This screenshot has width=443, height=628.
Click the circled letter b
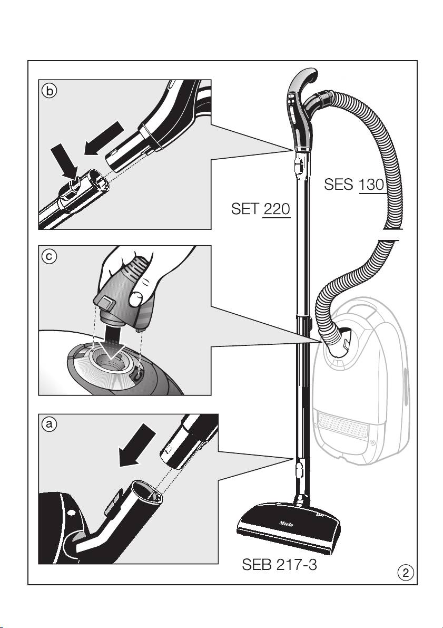tap(49, 91)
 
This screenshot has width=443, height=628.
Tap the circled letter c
tap(49, 257)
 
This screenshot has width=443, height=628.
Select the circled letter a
tap(49, 424)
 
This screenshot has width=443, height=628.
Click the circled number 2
tap(406, 573)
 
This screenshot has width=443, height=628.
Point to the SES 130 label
tap(354, 185)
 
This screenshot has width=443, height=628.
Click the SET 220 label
tap(261, 209)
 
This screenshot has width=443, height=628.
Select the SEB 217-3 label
tap(279, 564)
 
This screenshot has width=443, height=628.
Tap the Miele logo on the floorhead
tap(286, 524)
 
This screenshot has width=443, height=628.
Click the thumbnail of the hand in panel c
tap(136, 299)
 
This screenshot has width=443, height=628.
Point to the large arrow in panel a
tap(137, 446)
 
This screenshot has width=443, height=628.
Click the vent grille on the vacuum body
tap(342, 425)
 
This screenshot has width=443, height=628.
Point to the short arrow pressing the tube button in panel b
tap(64, 162)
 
